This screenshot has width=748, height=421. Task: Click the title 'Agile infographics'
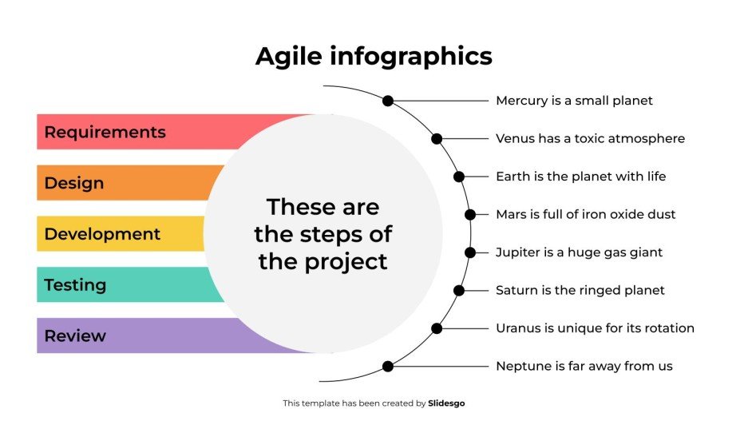(x=374, y=57)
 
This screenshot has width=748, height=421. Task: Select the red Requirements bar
(x=120, y=132)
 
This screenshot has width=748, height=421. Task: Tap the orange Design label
(x=74, y=183)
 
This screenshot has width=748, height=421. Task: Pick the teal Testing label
(x=75, y=285)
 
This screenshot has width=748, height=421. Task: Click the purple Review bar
(x=120, y=336)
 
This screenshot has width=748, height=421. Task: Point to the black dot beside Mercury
(x=388, y=101)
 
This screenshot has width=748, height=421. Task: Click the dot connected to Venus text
(x=437, y=139)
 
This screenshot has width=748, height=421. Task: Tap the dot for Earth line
(x=459, y=177)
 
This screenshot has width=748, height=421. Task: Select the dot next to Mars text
(x=470, y=214)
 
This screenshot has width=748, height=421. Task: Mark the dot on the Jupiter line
(x=470, y=252)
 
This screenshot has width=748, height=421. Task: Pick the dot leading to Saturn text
(x=459, y=290)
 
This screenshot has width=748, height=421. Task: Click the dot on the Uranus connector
(x=437, y=328)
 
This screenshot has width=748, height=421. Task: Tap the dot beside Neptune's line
(x=388, y=367)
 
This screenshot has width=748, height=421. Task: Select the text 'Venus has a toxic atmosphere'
(x=590, y=139)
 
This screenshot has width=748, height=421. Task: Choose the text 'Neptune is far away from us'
(x=584, y=367)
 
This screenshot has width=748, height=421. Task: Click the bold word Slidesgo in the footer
(x=446, y=403)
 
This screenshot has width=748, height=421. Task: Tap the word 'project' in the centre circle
(x=350, y=261)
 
